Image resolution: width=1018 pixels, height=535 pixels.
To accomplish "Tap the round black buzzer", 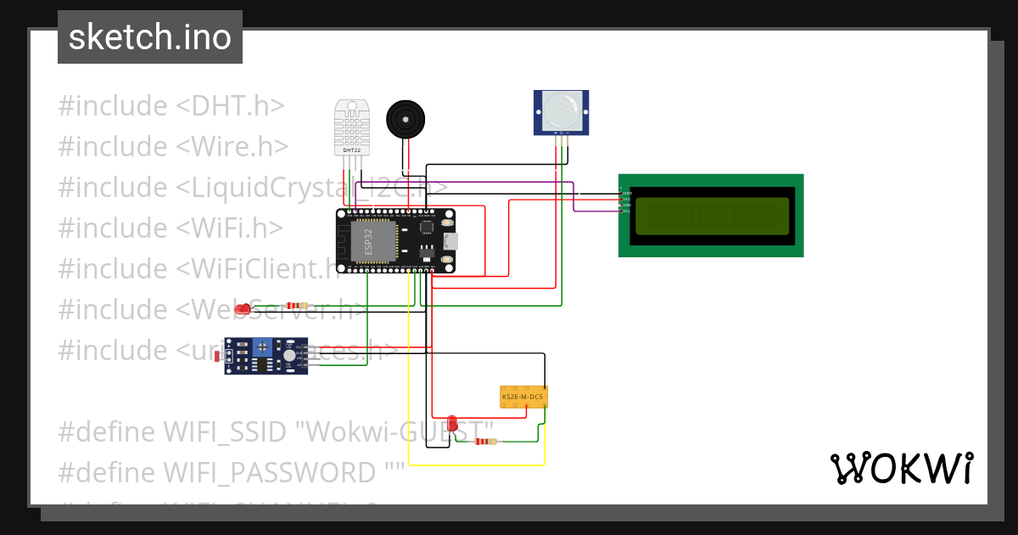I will click(x=404, y=119).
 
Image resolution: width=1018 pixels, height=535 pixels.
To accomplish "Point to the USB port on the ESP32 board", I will click(x=450, y=240).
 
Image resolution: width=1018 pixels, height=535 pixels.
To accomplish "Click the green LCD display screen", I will click(x=711, y=216).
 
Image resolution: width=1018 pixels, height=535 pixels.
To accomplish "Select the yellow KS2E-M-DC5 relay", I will click(x=523, y=397).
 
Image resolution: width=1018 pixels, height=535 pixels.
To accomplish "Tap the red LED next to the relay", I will click(x=453, y=423).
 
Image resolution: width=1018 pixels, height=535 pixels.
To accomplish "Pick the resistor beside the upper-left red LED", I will click(x=297, y=306).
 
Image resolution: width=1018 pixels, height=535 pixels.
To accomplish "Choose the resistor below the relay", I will click(x=485, y=442).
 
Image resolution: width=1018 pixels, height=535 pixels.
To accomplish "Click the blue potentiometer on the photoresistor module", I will click(x=264, y=347).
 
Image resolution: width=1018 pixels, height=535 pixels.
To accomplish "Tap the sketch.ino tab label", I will click(x=150, y=37).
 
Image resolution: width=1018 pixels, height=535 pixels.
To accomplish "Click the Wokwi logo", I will click(x=901, y=468).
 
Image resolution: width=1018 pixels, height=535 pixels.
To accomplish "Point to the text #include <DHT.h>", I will click(x=171, y=106).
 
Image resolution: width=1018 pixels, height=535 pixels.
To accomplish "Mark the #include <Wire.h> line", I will click(x=173, y=147).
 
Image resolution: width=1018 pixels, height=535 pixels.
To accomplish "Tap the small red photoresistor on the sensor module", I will click(x=230, y=357).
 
